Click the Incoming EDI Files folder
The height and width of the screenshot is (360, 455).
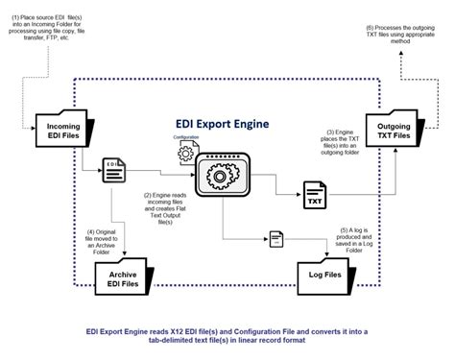coord(65,134)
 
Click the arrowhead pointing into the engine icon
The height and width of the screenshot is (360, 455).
coord(193,175)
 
